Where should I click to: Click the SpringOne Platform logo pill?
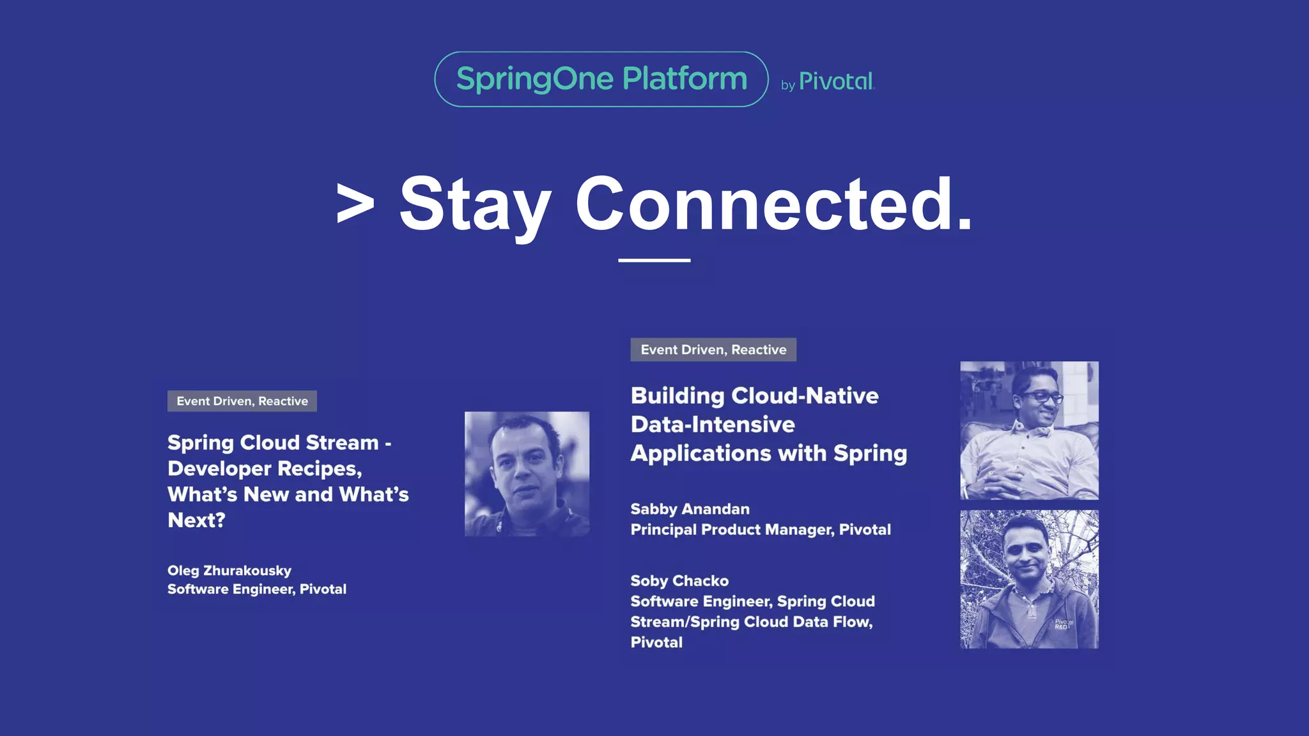(601, 79)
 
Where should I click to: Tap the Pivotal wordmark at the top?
(835, 82)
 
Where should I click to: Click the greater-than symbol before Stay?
(355, 203)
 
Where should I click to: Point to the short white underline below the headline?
(654, 260)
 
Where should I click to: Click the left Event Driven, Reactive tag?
(242, 401)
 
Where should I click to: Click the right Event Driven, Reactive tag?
(713, 349)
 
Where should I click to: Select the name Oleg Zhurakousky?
(229, 571)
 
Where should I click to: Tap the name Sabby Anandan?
(690, 509)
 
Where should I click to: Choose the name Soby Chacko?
(679, 581)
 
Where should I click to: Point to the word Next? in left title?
(196, 520)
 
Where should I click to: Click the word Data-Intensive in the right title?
(713, 425)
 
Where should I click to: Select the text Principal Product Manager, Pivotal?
(761, 530)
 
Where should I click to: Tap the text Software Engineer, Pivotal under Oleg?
(257, 589)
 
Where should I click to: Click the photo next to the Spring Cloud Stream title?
(527, 473)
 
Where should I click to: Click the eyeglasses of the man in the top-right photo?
(1044, 397)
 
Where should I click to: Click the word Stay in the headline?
(475, 204)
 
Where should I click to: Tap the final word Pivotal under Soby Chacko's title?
(656, 642)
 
